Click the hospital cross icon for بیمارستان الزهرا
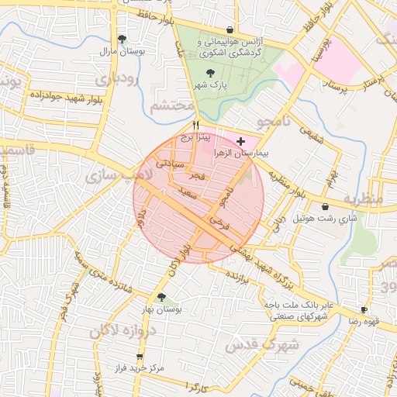[x=240, y=141]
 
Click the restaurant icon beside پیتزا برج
[x=196, y=124]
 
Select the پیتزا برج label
[x=197, y=136]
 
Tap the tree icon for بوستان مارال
[x=122, y=39]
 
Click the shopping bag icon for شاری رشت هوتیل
[x=324, y=207]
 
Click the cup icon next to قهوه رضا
[x=364, y=309]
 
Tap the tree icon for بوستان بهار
[x=161, y=296]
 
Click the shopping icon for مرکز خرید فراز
[x=140, y=357]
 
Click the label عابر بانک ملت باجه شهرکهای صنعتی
[x=297, y=310]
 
